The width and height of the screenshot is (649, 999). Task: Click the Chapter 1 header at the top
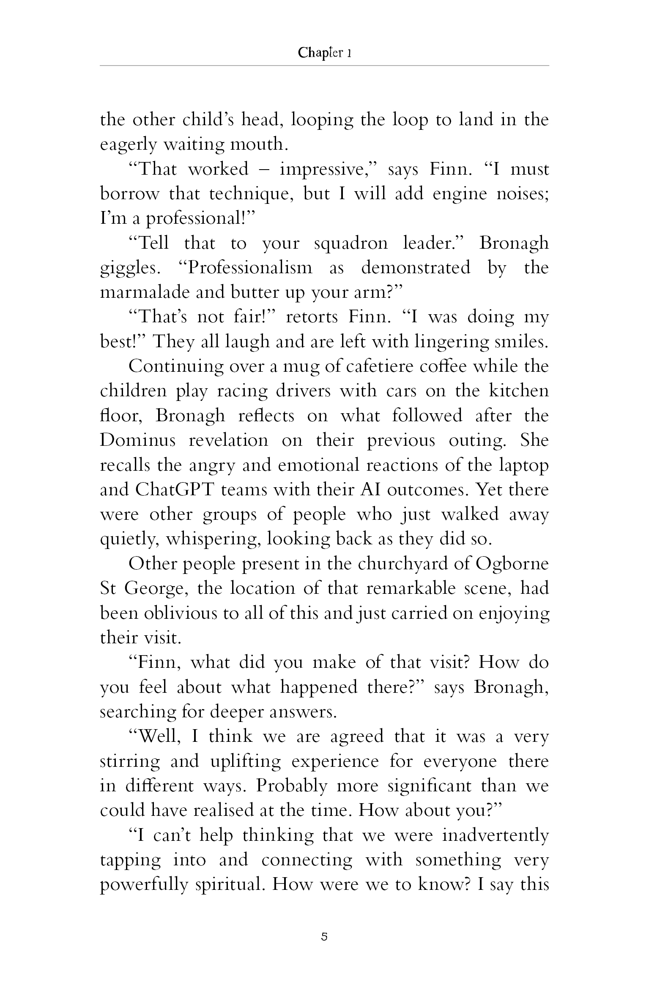click(x=324, y=53)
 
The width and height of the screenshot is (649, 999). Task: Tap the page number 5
click(x=324, y=936)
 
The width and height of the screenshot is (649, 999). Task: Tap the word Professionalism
click(x=249, y=268)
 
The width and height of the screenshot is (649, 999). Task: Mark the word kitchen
click(x=518, y=391)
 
